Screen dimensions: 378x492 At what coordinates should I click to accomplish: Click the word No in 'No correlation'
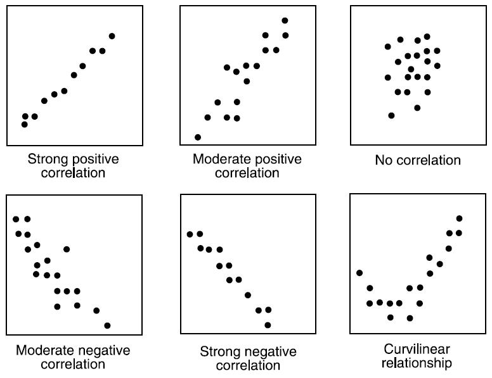point(383,160)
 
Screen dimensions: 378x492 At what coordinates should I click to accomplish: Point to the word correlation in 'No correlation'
point(429,160)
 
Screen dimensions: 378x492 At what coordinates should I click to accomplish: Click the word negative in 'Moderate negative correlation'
point(101,350)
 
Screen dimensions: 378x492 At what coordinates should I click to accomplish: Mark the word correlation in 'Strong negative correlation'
point(248,365)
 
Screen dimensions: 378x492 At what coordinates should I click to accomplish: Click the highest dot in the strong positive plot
point(112,36)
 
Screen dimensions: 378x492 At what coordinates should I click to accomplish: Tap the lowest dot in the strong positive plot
point(24,124)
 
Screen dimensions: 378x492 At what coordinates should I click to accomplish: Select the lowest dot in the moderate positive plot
point(198,137)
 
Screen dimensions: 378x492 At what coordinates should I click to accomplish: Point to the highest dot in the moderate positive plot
point(285,21)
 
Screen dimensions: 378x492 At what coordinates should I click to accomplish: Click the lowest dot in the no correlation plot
point(391,115)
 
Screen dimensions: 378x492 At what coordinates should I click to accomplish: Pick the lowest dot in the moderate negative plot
point(107,325)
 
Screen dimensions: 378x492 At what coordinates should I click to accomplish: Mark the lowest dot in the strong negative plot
point(268,325)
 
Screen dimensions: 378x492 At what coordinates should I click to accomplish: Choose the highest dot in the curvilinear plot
point(459,218)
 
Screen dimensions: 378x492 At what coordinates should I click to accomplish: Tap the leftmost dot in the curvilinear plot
point(359,273)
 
